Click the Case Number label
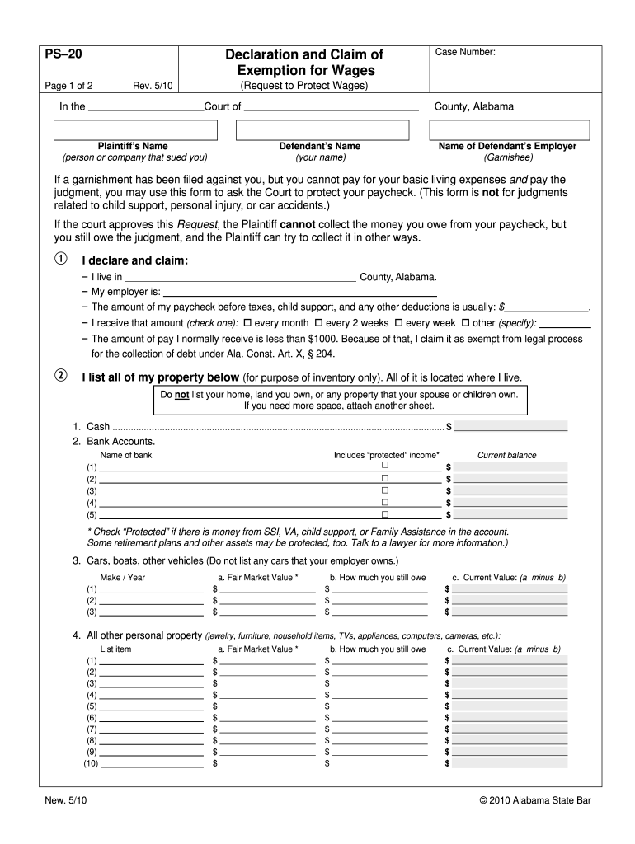point(466,53)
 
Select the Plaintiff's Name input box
point(135,130)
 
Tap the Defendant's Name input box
point(322,130)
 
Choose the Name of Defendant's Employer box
point(507,130)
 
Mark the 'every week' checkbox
point(399,323)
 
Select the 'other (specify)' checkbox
point(465,323)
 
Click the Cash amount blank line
point(511,427)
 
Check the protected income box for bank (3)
point(384,490)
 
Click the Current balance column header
point(506,455)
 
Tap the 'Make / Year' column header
point(122,577)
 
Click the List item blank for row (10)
point(153,764)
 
